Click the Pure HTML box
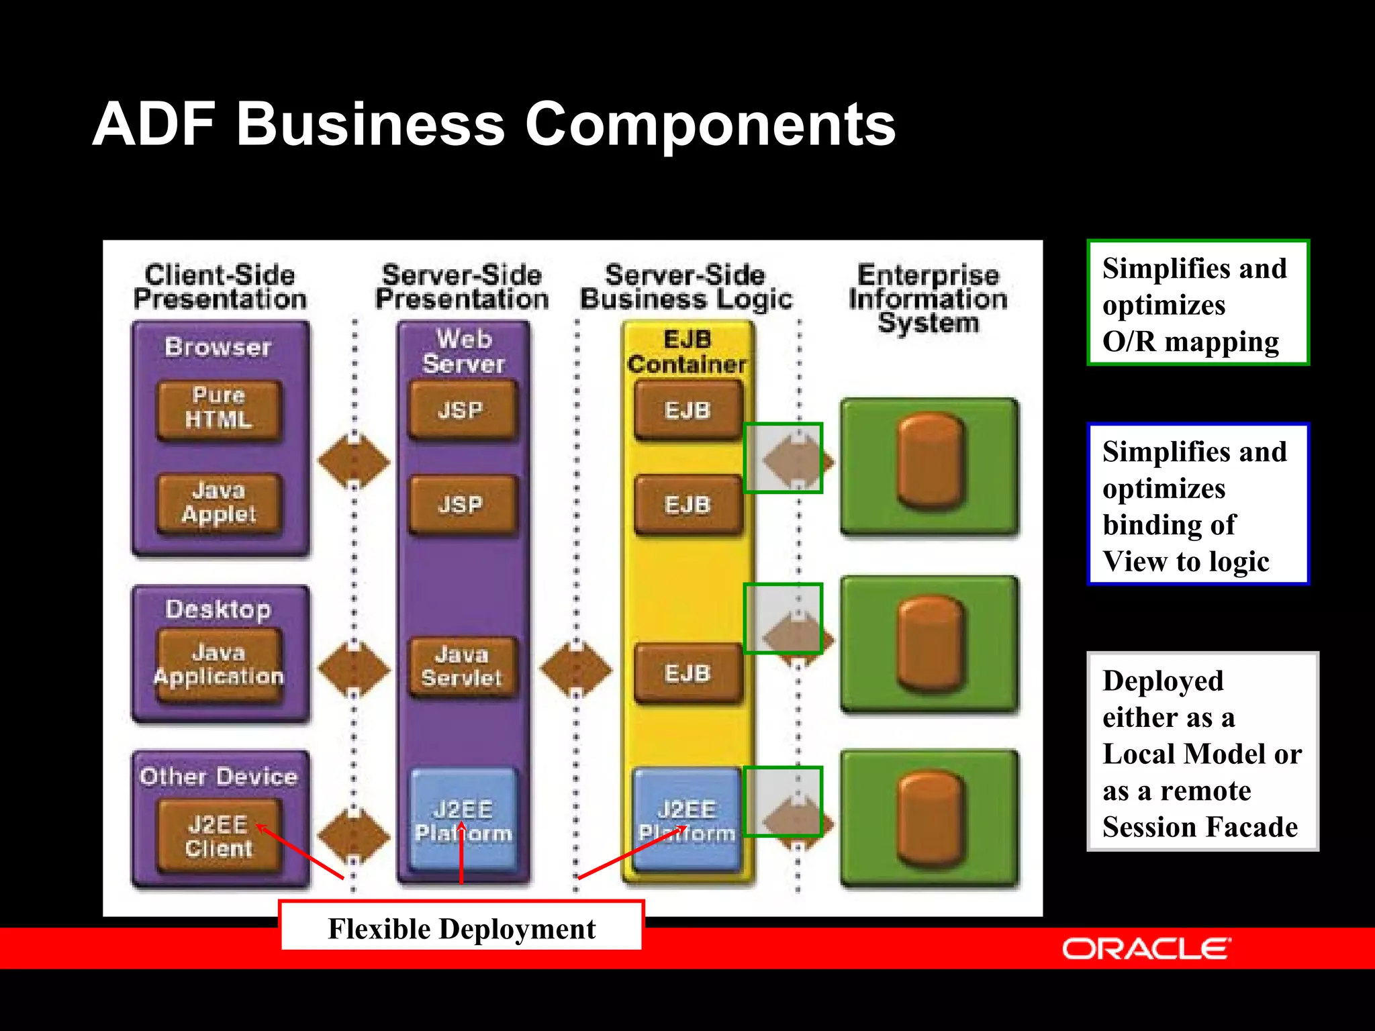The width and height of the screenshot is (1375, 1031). pos(219,409)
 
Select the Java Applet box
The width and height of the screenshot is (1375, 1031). pos(219,503)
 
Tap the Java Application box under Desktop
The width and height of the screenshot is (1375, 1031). pos(219,665)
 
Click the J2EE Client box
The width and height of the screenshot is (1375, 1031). pos(219,836)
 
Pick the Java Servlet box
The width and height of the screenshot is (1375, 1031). pos(462,667)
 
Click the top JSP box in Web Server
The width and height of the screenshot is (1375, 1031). pos(462,409)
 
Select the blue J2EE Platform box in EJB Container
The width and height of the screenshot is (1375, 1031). pos(687,820)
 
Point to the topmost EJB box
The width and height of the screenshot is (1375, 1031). pos(687,409)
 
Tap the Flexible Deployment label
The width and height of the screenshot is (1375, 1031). pos(461,928)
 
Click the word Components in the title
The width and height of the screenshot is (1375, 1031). pos(710,124)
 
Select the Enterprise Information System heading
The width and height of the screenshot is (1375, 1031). pos(929,299)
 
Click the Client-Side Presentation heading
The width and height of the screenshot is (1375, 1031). pos(220,287)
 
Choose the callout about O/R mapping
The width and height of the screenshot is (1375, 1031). pos(1198,303)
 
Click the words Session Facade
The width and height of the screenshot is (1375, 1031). pos(1199,827)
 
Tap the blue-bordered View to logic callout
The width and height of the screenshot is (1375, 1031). pos(1198,505)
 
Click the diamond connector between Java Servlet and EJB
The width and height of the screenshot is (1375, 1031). pos(575,669)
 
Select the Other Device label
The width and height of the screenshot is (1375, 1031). pos(219,777)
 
